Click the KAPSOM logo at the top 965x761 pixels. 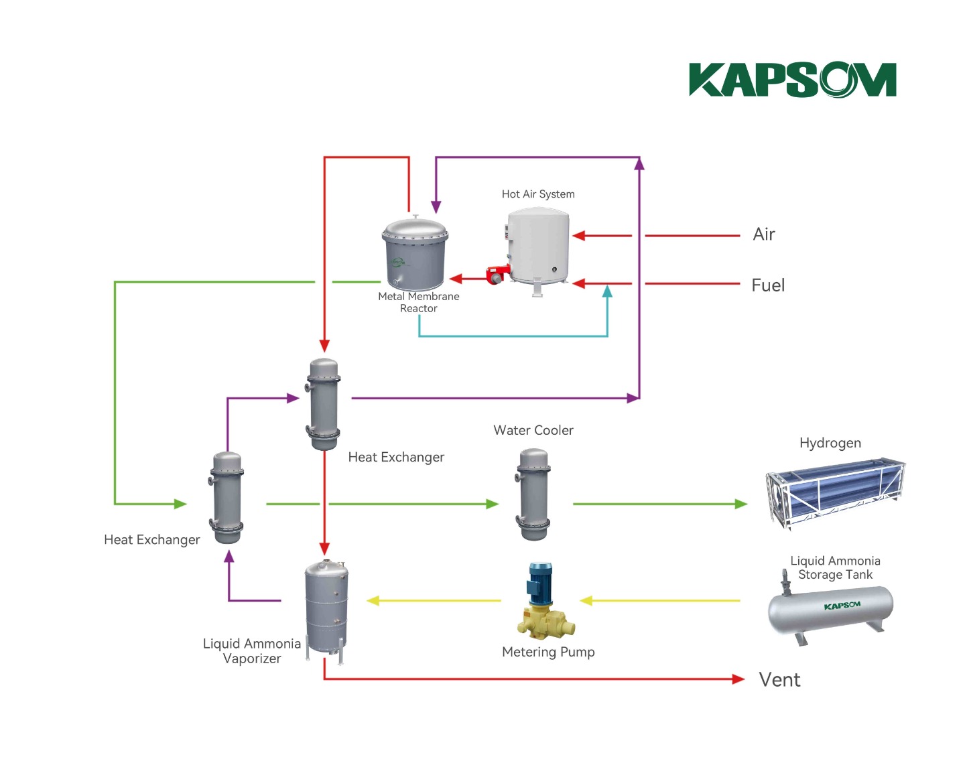tap(792, 80)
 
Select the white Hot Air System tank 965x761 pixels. tap(538, 246)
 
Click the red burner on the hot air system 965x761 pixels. tap(497, 274)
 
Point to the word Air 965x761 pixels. tap(764, 234)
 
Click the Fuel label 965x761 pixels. tap(768, 285)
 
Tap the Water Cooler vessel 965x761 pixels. tap(533, 494)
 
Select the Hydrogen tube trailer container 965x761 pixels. tap(835, 492)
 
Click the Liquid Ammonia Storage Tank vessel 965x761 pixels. tap(830, 610)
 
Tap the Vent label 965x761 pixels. tap(779, 680)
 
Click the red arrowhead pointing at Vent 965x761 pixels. tap(738, 679)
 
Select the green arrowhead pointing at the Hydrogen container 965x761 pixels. tap(741, 504)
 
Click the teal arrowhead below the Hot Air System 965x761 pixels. tap(607, 291)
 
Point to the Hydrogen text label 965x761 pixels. tap(830, 443)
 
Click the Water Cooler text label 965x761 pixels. tap(533, 430)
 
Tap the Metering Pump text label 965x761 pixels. tap(548, 652)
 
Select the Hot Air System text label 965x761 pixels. tap(538, 194)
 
